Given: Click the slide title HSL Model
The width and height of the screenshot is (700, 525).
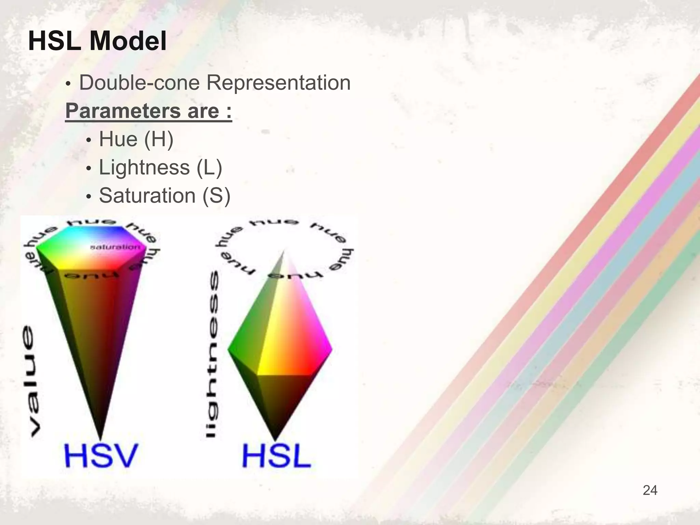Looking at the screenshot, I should pos(97,41).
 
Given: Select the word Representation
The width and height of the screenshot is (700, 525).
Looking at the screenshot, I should pos(278,83).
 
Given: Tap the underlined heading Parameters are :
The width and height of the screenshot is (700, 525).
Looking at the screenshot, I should pos(149,111).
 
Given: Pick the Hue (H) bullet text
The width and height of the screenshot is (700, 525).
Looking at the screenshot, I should pos(136,139).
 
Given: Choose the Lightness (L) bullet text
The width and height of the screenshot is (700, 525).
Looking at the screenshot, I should pos(160,168).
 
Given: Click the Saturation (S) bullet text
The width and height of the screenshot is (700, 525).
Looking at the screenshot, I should pos(164,196).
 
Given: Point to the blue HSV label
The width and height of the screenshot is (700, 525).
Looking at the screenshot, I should pos(101,455).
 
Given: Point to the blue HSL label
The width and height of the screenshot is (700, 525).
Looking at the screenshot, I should pos(277,456).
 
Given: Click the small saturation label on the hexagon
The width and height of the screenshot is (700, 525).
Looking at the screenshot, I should pos(115,247).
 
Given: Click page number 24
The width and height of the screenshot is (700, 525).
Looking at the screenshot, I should pos(650,490).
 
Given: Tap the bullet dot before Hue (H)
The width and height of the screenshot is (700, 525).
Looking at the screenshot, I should pos(89,141).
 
